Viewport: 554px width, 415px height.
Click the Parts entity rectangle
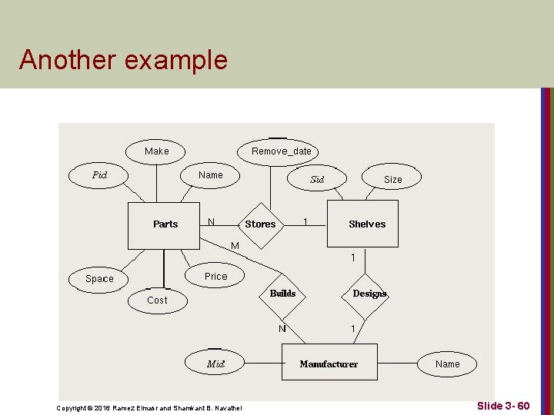[x=163, y=224]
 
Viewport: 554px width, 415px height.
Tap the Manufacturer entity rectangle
[x=330, y=364]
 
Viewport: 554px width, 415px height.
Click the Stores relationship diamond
[x=260, y=224]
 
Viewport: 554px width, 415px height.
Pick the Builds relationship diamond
[x=282, y=294]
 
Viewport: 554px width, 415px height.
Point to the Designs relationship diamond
[x=369, y=294]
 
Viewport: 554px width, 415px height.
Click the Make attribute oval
[x=157, y=151]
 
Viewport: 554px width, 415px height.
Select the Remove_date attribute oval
[x=281, y=151]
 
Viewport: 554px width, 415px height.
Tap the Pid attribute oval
[x=99, y=175]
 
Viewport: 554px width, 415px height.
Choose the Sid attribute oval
[x=317, y=180]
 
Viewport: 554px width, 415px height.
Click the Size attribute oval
[x=392, y=180]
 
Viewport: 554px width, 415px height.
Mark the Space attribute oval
[x=99, y=279]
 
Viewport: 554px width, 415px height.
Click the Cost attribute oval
[x=157, y=300]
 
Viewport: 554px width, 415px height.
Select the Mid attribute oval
[x=215, y=364]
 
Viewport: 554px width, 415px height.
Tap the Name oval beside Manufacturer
[x=447, y=364]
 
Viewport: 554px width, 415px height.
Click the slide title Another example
[x=123, y=60]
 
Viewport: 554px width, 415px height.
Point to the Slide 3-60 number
[x=503, y=405]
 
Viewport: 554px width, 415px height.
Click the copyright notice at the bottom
[x=149, y=407]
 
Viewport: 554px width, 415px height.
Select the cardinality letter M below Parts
[x=235, y=246]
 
